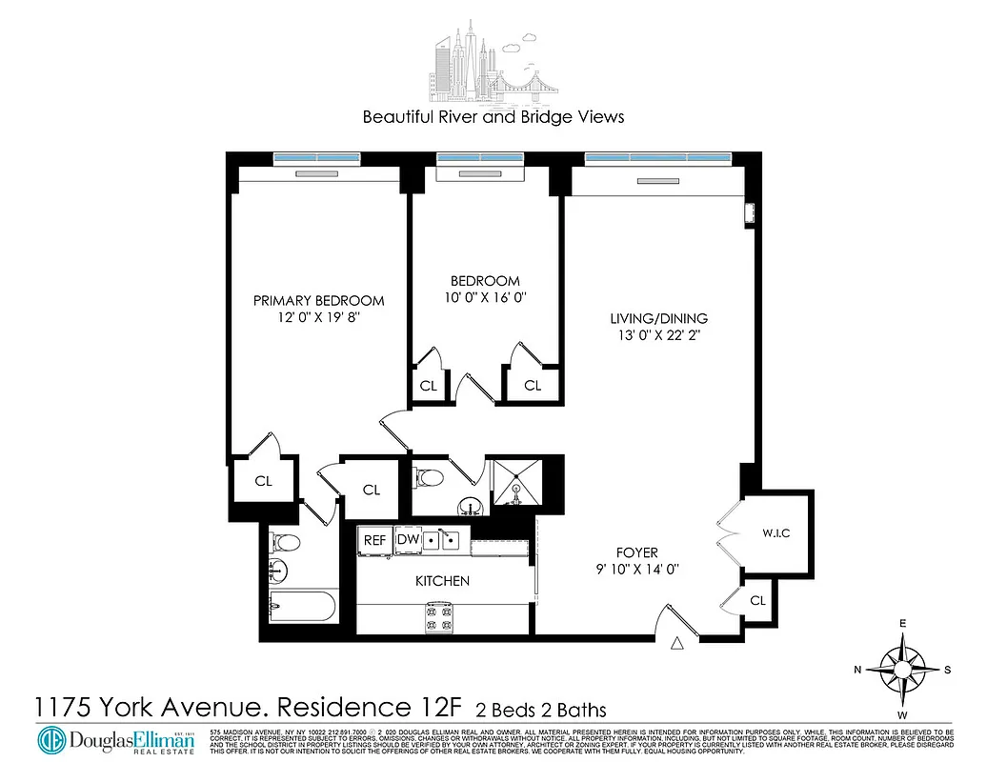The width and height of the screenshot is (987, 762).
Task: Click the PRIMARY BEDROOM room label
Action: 318,300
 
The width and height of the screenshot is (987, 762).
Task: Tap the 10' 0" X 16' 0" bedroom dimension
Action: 485,298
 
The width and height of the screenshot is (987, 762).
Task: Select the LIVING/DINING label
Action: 660,318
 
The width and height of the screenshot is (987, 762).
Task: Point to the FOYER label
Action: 636,552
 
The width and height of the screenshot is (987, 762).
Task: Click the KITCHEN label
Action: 442,580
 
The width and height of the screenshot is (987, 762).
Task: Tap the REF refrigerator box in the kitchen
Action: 374,540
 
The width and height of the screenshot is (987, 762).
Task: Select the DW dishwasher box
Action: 408,540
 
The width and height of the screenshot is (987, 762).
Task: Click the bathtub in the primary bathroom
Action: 300,606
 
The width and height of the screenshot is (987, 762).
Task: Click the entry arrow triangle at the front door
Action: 677,644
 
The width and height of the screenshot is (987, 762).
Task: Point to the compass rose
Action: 901,670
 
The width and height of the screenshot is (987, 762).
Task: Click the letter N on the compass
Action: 857,671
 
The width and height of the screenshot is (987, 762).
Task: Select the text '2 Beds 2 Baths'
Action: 541,710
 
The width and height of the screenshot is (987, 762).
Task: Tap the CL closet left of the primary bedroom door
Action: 263,481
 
